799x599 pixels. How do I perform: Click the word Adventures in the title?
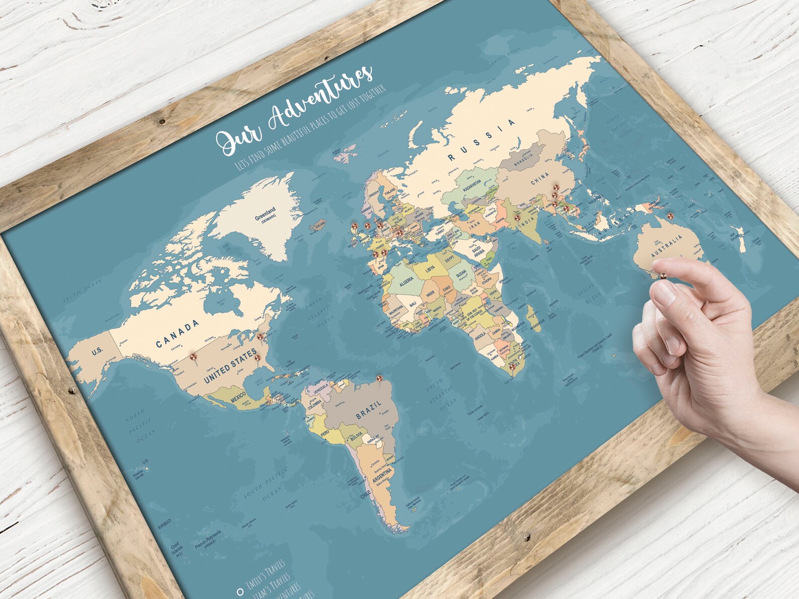pos(322,99)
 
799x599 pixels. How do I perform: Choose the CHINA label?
pos(540,179)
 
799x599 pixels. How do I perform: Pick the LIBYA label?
pos(430,269)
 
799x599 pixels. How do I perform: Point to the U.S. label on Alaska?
pos(97,351)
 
